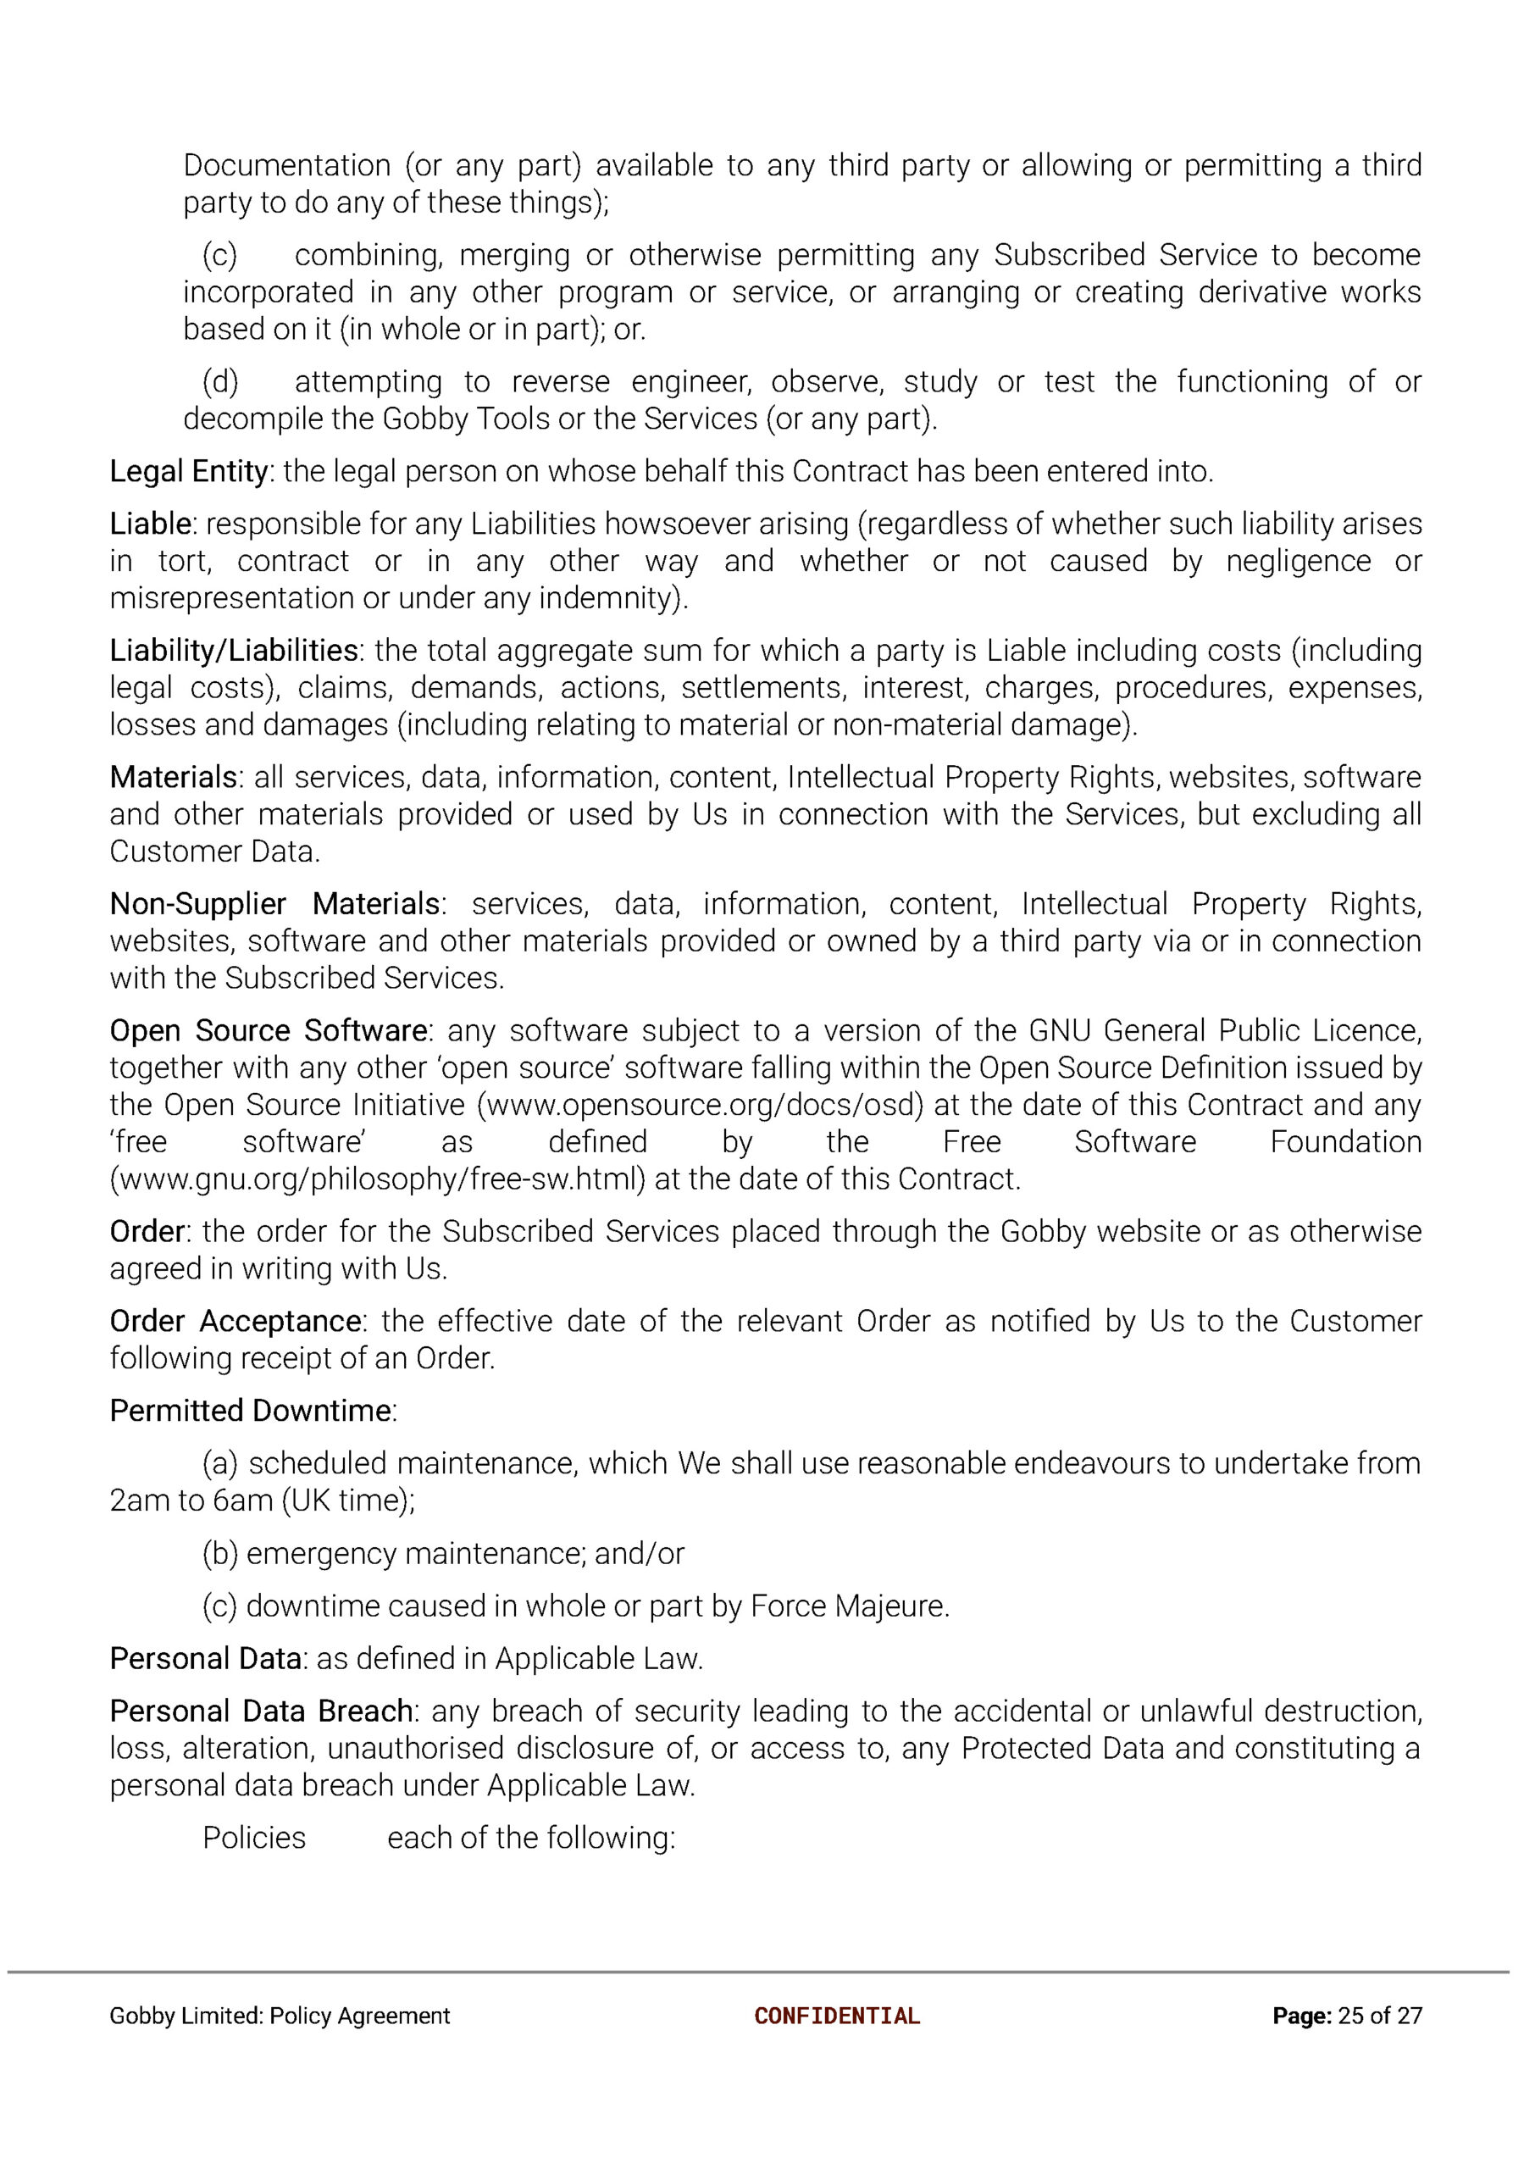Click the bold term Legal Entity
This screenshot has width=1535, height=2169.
[189, 471]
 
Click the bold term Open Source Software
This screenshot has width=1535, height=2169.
[269, 1030]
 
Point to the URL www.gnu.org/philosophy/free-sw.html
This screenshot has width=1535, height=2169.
[377, 1179]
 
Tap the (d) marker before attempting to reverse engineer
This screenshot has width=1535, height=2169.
[220, 382]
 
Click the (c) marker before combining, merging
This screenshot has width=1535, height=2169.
[219, 255]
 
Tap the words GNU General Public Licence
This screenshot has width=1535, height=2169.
[1224, 1030]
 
